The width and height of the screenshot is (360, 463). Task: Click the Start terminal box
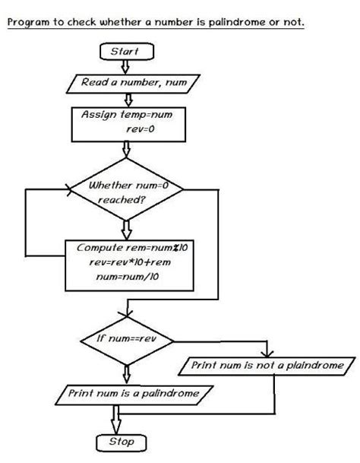point(125,52)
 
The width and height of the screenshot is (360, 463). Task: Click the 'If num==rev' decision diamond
point(126,338)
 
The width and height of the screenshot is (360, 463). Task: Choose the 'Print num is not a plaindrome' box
point(266,366)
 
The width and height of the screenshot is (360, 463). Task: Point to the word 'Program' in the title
point(30,22)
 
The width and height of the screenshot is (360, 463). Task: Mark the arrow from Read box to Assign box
point(127,98)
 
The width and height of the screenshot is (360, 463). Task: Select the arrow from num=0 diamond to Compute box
point(127,228)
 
